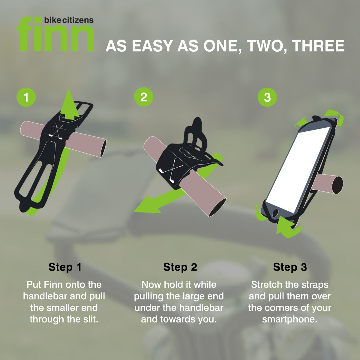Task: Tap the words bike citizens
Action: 69,20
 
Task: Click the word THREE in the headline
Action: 318,46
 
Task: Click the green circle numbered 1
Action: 26,97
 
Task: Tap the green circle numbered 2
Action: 144,97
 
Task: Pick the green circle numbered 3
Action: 267,97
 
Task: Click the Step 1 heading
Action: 65,267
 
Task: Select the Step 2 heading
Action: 180,267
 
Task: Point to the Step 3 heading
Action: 290,267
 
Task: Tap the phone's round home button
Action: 275,213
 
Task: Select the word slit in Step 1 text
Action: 91,319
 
